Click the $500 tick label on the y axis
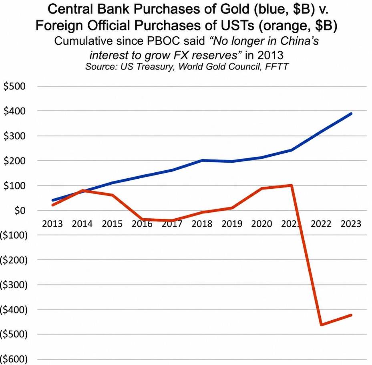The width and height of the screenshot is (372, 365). click(x=14, y=86)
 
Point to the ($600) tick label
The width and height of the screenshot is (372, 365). click(x=14, y=359)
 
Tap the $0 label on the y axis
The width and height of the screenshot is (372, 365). click(x=20, y=210)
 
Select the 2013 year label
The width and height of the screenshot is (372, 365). click(x=52, y=224)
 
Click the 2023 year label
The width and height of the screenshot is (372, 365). click(x=351, y=224)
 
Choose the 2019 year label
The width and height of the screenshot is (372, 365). click(x=232, y=224)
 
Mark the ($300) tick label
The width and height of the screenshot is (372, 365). click(x=14, y=285)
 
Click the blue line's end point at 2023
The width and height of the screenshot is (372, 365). click(x=351, y=114)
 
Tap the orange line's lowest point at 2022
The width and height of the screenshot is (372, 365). click(x=322, y=325)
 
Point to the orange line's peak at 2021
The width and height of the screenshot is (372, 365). click(x=292, y=185)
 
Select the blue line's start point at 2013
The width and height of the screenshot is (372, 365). click(x=52, y=200)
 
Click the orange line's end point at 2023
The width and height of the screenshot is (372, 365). click(x=351, y=315)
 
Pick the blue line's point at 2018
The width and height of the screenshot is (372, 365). click(x=202, y=160)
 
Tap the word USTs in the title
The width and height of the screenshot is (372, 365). click(x=238, y=25)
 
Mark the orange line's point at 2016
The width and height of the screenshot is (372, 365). click(x=142, y=219)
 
